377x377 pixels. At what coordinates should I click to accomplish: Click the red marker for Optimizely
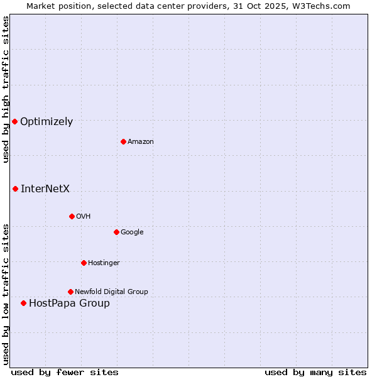14,121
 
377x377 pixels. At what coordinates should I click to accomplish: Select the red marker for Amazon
123,141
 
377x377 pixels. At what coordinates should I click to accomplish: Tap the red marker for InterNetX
15,188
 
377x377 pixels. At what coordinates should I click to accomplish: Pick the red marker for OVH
72,216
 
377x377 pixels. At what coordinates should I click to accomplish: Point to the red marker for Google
116,232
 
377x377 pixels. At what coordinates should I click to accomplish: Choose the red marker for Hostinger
84,263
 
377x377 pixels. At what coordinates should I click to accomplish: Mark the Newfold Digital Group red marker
70,292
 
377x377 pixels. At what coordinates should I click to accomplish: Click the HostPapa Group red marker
23,303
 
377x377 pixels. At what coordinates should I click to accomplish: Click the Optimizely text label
46,122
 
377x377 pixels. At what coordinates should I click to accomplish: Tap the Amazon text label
141,142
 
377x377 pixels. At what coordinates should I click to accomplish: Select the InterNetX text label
45,188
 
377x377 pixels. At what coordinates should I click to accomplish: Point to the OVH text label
84,217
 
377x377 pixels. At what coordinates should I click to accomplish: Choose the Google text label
132,232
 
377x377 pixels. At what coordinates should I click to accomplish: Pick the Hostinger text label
104,263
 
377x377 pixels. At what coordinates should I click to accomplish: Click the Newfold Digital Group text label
111,292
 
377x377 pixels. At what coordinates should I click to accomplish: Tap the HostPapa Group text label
69,303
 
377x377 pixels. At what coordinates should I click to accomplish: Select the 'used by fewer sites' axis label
65,372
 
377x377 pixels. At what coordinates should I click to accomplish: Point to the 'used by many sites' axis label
315,372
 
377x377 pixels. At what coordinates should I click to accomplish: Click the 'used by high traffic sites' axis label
6,89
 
